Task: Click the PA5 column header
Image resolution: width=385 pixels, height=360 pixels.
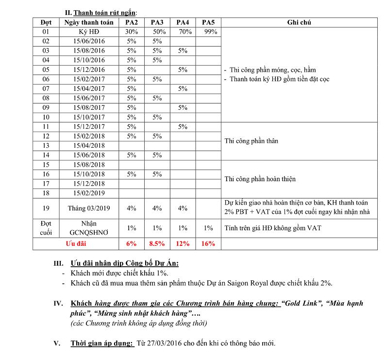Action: pos(208,22)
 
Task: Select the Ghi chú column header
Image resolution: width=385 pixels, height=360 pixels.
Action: pos(299,22)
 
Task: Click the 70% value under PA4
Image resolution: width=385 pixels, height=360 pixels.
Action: pos(183,32)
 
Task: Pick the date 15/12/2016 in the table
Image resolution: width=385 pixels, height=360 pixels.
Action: pos(89,69)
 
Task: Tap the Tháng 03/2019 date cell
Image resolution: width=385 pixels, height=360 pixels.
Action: pos(89,208)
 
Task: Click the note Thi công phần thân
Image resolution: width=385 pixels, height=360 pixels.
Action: pos(251,141)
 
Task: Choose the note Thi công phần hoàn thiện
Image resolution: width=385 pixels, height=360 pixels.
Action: pos(260,179)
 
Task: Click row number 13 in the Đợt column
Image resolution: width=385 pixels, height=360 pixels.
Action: pos(46,145)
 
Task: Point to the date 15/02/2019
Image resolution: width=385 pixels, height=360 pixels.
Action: pos(89,193)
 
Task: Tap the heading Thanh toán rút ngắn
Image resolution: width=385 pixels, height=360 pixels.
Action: pos(102,12)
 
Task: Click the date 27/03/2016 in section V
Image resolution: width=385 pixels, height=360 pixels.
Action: pos(160,344)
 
